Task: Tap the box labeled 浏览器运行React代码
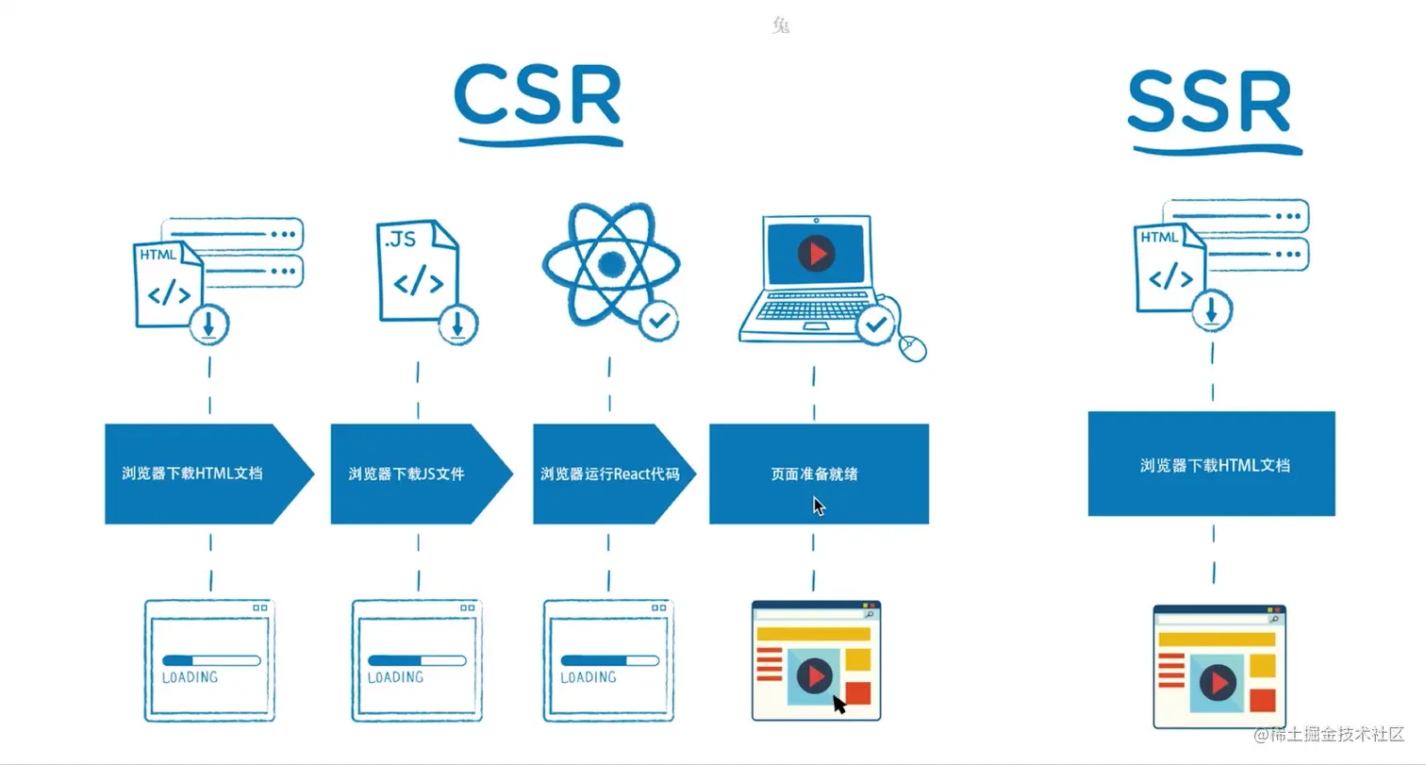point(609,474)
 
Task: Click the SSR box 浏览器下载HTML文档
point(1212,464)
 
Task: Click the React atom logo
point(610,264)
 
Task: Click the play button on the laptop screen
point(816,254)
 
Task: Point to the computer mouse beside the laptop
point(913,347)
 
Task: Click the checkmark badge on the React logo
point(659,321)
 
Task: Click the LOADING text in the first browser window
point(190,677)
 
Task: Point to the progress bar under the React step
point(608,660)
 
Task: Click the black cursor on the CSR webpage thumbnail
point(838,704)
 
